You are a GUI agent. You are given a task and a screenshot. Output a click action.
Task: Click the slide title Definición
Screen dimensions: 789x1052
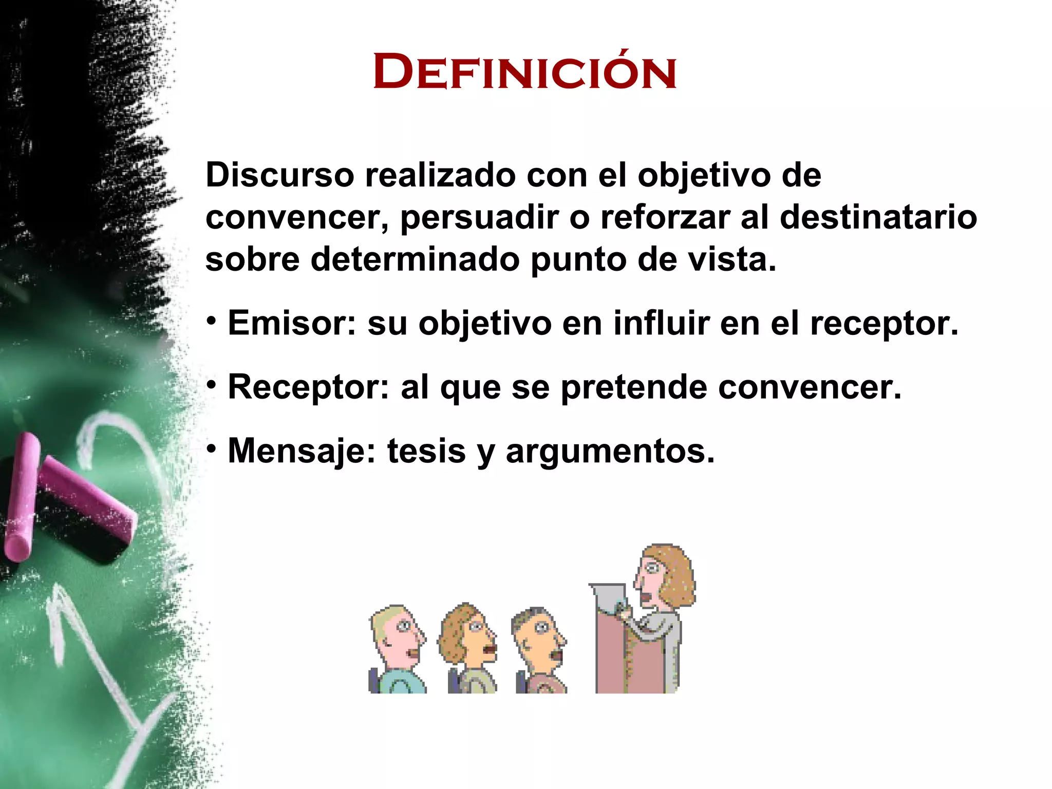pyautogui.click(x=524, y=72)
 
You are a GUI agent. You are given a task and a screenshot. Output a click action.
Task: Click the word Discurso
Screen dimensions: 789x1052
pyautogui.click(x=279, y=176)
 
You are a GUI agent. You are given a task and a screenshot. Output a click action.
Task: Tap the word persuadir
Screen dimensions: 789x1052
pyautogui.click(x=479, y=218)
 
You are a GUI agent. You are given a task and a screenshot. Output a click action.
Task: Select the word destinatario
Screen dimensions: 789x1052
pyautogui.click(x=878, y=217)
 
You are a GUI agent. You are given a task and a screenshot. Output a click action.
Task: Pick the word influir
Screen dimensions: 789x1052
pyautogui.click(x=661, y=323)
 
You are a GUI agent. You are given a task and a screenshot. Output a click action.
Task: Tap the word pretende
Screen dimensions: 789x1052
pyautogui.click(x=635, y=388)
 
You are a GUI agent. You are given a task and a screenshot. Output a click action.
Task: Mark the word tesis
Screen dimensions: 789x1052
pyautogui.click(x=426, y=451)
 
